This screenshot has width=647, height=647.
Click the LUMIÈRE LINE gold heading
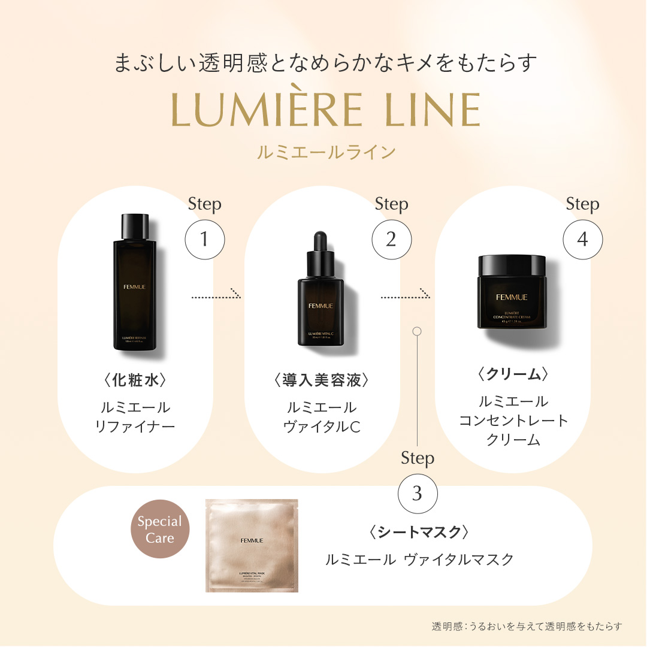tap(326, 110)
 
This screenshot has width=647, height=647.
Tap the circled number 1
tap(204, 239)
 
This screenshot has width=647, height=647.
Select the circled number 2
tap(391, 239)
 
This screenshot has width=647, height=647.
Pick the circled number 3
tap(418, 493)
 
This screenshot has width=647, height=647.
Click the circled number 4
tap(582, 239)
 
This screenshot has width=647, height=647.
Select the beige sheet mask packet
tap(252, 545)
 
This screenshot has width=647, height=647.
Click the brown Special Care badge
tap(160, 530)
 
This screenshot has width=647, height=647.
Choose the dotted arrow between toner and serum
tap(216, 295)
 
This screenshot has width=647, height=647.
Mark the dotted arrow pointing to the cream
tap(406, 295)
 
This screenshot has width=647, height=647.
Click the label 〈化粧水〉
tap(135, 380)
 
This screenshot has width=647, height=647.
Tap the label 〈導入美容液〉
tap(321, 380)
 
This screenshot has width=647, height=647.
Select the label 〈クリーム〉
tap(513, 374)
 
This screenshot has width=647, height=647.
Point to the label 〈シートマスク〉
tap(418, 531)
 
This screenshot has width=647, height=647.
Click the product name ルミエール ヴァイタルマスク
tap(419, 560)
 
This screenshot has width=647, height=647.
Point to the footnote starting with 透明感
tap(527, 626)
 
